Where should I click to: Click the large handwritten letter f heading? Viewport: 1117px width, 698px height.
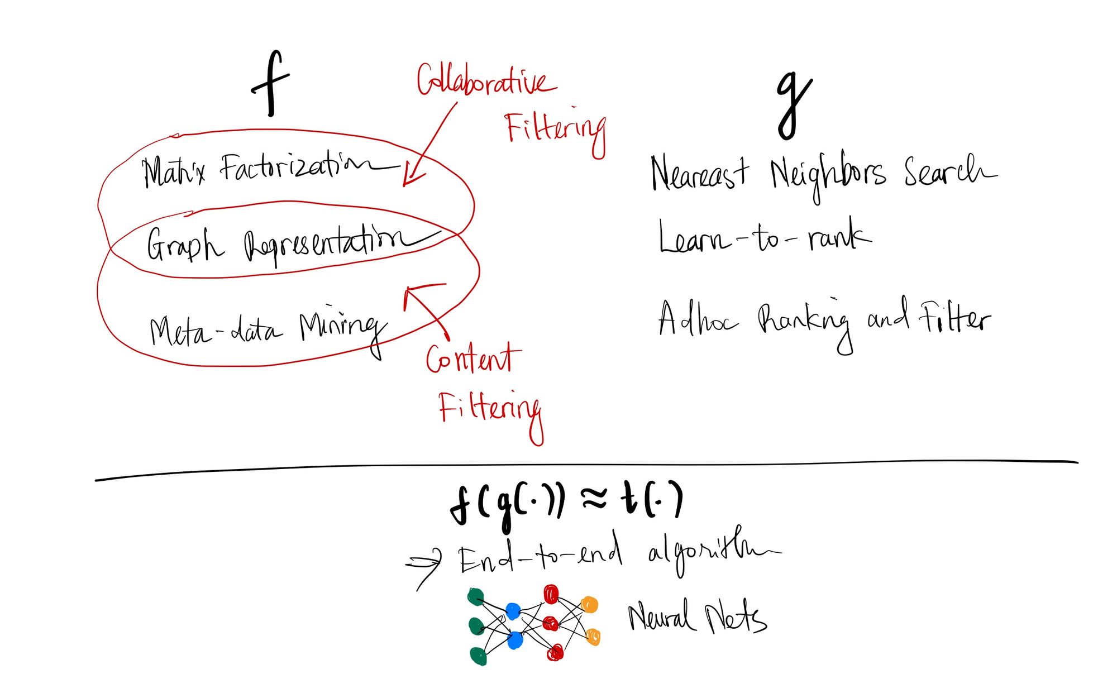click(x=271, y=84)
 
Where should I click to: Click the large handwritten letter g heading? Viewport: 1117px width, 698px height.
click(x=793, y=106)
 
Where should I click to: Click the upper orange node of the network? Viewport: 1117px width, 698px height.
click(x=589, y=605)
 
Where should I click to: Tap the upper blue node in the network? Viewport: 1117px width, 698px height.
click(x=513, y=611)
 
